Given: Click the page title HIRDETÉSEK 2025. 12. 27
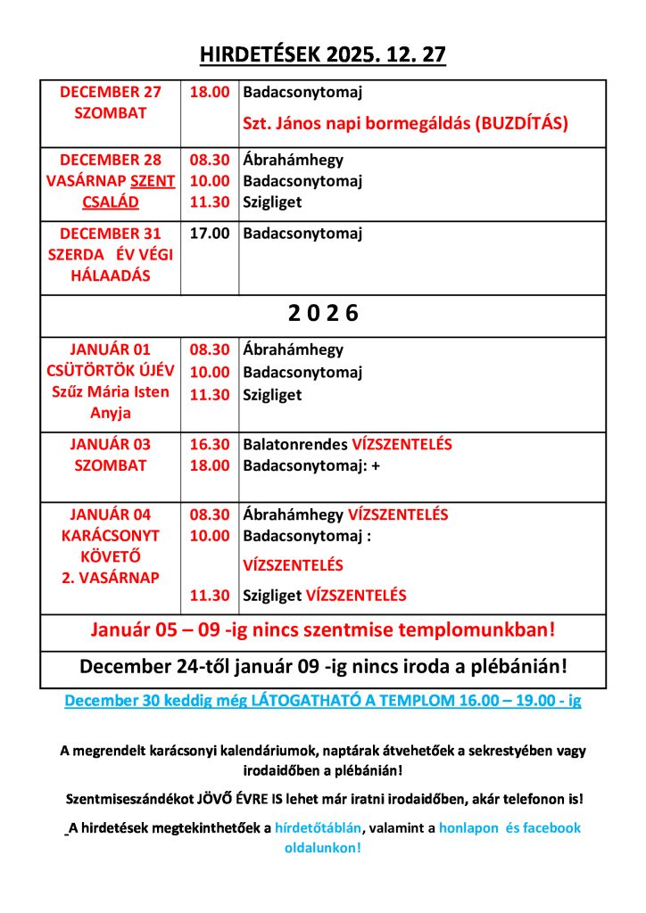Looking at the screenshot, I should (322, 55).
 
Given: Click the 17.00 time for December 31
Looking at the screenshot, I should (210, 234).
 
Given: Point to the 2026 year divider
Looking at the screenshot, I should (322, 314).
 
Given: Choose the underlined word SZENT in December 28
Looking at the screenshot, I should (153, 181).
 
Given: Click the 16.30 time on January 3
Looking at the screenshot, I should (210, 444).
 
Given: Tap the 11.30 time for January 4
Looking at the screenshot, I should (210, 596).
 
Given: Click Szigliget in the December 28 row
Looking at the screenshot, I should (272, 202).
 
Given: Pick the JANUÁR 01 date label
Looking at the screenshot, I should (112, 350).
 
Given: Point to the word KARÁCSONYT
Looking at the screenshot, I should (112, 536).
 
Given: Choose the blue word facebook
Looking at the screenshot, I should (551, 827).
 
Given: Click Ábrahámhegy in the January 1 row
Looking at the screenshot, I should (293, 350).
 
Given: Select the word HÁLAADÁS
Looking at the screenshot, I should (112, 276).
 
